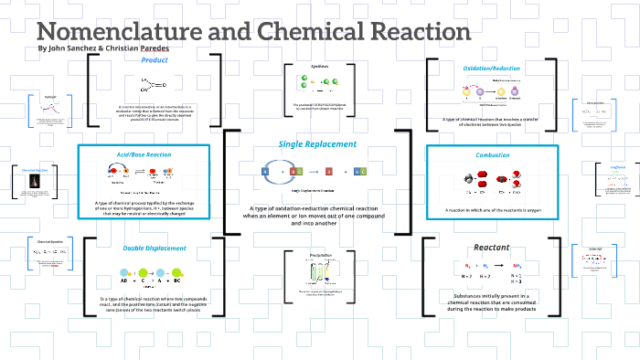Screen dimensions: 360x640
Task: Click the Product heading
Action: tap(154, 60)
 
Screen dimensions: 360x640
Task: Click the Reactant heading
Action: tap(492, 248)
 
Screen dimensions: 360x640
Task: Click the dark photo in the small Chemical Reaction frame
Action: tap(36, 184)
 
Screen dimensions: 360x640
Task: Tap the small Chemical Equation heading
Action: tap(37, 244)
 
